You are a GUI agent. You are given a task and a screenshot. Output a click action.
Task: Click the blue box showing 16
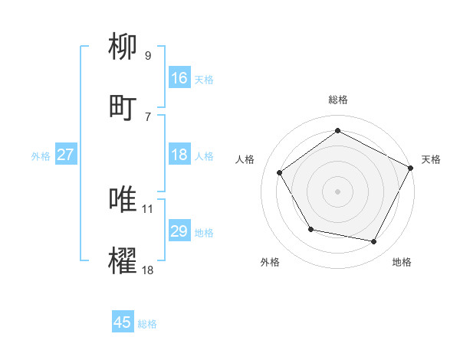[x=179, y=78]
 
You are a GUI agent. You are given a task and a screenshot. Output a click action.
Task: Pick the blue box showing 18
[x=179, y=155]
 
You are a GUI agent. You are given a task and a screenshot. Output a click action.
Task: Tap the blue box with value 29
[x=179, y=231]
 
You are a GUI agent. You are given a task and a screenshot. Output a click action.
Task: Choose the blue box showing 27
[x=65, y=155]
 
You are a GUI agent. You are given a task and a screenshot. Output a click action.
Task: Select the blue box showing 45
[x=123, y=322]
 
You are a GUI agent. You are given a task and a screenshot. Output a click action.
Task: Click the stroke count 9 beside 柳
[x=147, y=56]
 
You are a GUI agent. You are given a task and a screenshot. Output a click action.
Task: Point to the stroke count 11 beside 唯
[x=148, y=208]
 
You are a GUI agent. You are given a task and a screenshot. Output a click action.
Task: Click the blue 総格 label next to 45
[x=147, y=324]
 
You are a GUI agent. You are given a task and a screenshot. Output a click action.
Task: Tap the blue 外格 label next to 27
[x=41, y=156]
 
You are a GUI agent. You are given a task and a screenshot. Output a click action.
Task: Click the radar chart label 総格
[x=337, y=100]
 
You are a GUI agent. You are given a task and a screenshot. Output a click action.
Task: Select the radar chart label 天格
[x=431, y=159]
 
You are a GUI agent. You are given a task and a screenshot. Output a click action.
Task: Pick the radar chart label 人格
[x=245, y=159]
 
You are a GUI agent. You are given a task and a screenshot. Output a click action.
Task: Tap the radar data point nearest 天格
[x=411, y=168]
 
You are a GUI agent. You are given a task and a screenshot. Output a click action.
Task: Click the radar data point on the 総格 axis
[x=337, y=131]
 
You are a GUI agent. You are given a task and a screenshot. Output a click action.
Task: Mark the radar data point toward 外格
[x=310, y=229]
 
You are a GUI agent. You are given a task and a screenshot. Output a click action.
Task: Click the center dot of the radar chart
[x=337, y=191]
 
